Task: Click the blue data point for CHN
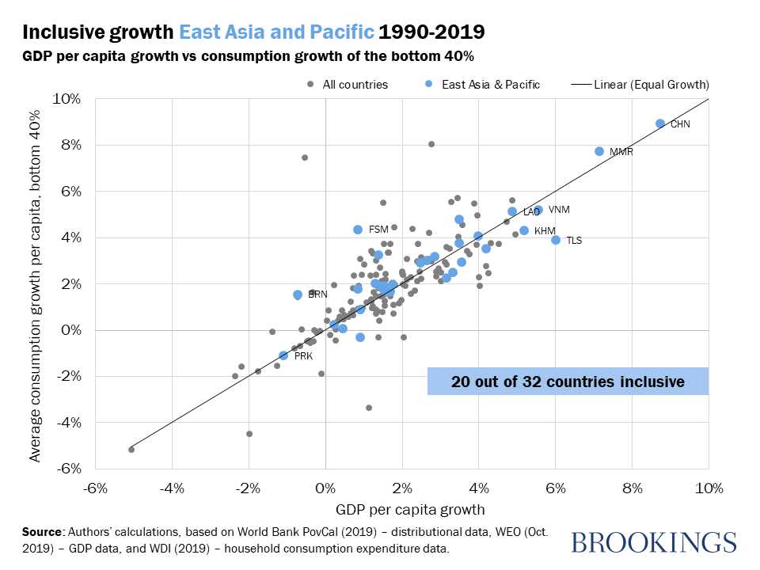point(660,123)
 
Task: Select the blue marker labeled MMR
point(599,151)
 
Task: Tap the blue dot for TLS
point(556,240)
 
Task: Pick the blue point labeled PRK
point(283,355)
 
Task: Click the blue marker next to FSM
point(358,230)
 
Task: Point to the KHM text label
point(545,231)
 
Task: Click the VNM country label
point(560,210)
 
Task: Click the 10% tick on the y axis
point(67,99)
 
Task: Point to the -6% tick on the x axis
point(95,488)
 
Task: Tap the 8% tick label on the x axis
point(632,488)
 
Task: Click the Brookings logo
point(653,542)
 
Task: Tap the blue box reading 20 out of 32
point(568,382)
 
